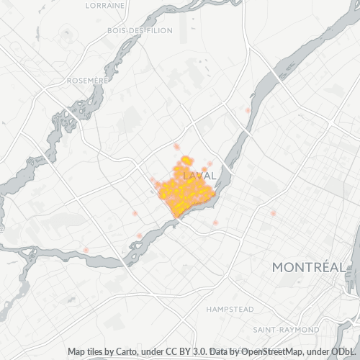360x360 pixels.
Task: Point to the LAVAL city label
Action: [200, 176]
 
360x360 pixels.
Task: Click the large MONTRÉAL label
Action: [308, 268]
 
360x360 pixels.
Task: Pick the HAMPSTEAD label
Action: [230, 309]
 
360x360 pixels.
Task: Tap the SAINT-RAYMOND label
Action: [287, 329]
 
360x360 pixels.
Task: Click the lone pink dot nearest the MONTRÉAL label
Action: [273, 212]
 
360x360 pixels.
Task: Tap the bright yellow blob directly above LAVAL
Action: [186, 160]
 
